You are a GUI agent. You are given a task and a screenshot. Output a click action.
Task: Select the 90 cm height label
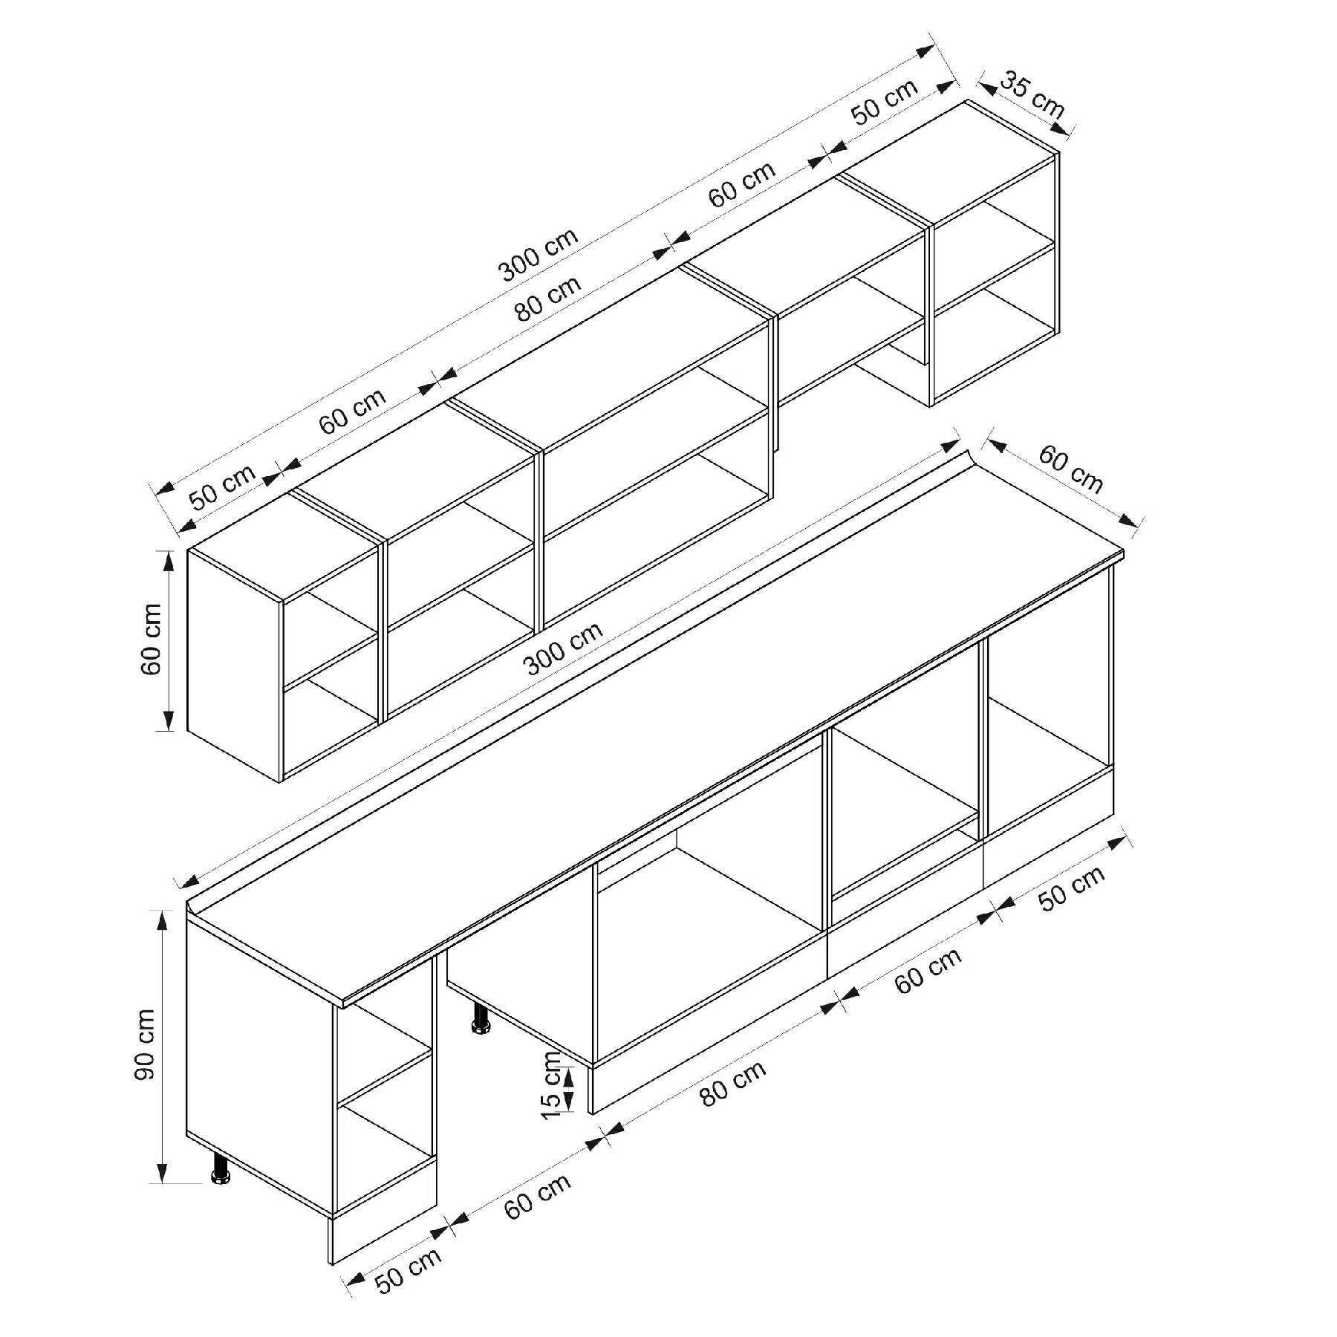tap(146, 1045)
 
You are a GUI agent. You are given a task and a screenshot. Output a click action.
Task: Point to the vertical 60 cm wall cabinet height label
tap(151, 639)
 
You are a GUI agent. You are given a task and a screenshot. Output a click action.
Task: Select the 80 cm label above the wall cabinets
tap(549, 298)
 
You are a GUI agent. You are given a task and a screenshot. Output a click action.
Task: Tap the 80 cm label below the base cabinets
tap(732, 1083)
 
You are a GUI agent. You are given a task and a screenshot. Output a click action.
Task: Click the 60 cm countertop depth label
tap(1070, 469)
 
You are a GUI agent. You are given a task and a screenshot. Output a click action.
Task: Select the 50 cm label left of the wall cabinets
tap(222, 486)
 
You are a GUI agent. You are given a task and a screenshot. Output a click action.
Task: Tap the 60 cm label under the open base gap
tap(538, 1195)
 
